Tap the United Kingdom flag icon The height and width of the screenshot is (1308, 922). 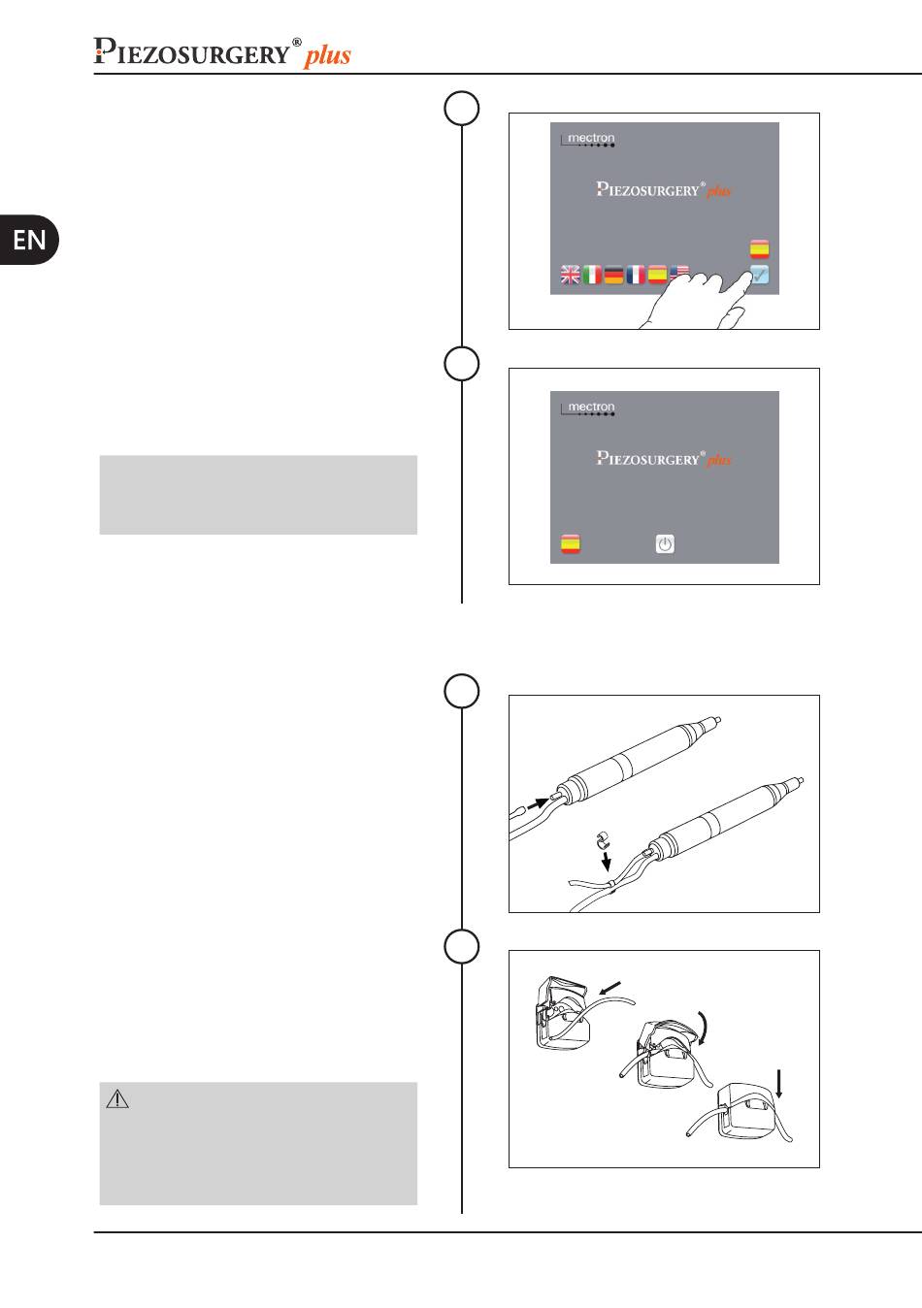tap(570, 275)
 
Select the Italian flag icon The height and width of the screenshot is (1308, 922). tap(592, 275)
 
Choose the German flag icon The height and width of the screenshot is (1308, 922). tap(613, 275)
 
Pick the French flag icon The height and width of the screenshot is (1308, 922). tap(636, 275)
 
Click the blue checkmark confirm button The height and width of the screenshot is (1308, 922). tap(760, 275)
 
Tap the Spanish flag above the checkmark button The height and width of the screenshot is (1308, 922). tap(760, 248)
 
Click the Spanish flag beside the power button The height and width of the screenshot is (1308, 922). tap(571, 543)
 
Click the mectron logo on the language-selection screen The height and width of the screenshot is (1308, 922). tap(587, 139)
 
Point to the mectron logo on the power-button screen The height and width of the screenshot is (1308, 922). tap(587, 408)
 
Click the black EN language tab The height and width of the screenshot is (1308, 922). tap(28, 240)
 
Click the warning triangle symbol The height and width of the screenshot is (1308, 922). tap(117, 1098)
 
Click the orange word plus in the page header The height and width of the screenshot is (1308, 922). tap(327, 55)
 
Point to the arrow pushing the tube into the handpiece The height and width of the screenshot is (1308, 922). tap(538, 804)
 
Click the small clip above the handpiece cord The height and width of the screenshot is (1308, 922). tap(603, 841)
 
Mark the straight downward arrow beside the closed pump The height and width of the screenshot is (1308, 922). tap(778, 1084)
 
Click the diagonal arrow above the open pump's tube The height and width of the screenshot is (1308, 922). tap(610, 988)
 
